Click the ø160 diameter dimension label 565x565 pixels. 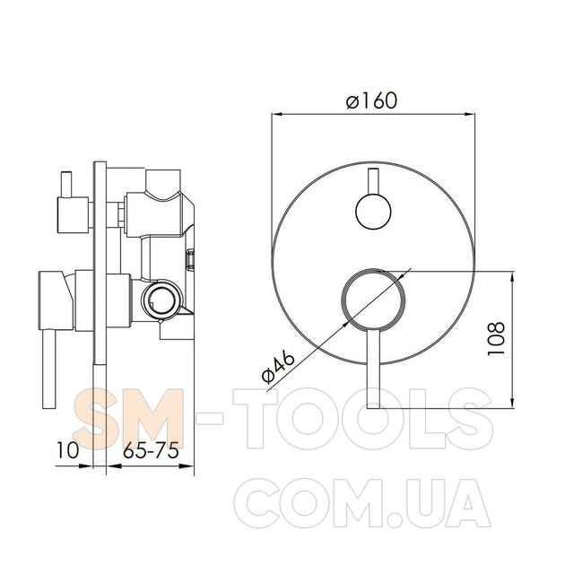(x=371, y=100)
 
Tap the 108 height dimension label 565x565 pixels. (x=496, y=338)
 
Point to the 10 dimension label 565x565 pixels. (x=67, y=450)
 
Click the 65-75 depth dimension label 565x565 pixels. (x=151, y=450)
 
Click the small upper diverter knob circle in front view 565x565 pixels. (x=373, y=212)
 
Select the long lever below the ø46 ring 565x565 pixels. (x=374, y=369)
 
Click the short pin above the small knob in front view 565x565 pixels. (x=373, y=181)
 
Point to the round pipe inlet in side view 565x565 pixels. (x=161, y=299)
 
